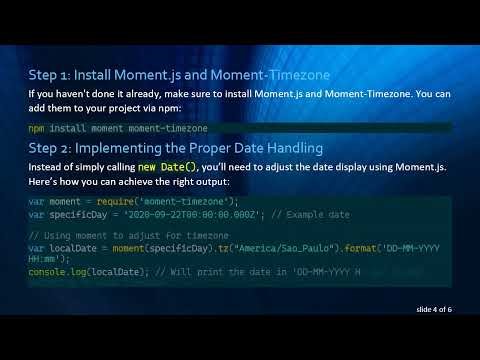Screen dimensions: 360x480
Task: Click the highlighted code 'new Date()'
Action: [x=168, y=166]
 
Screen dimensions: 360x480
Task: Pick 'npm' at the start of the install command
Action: [x=36, y=128]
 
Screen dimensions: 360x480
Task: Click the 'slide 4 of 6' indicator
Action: [x=435, y=310]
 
